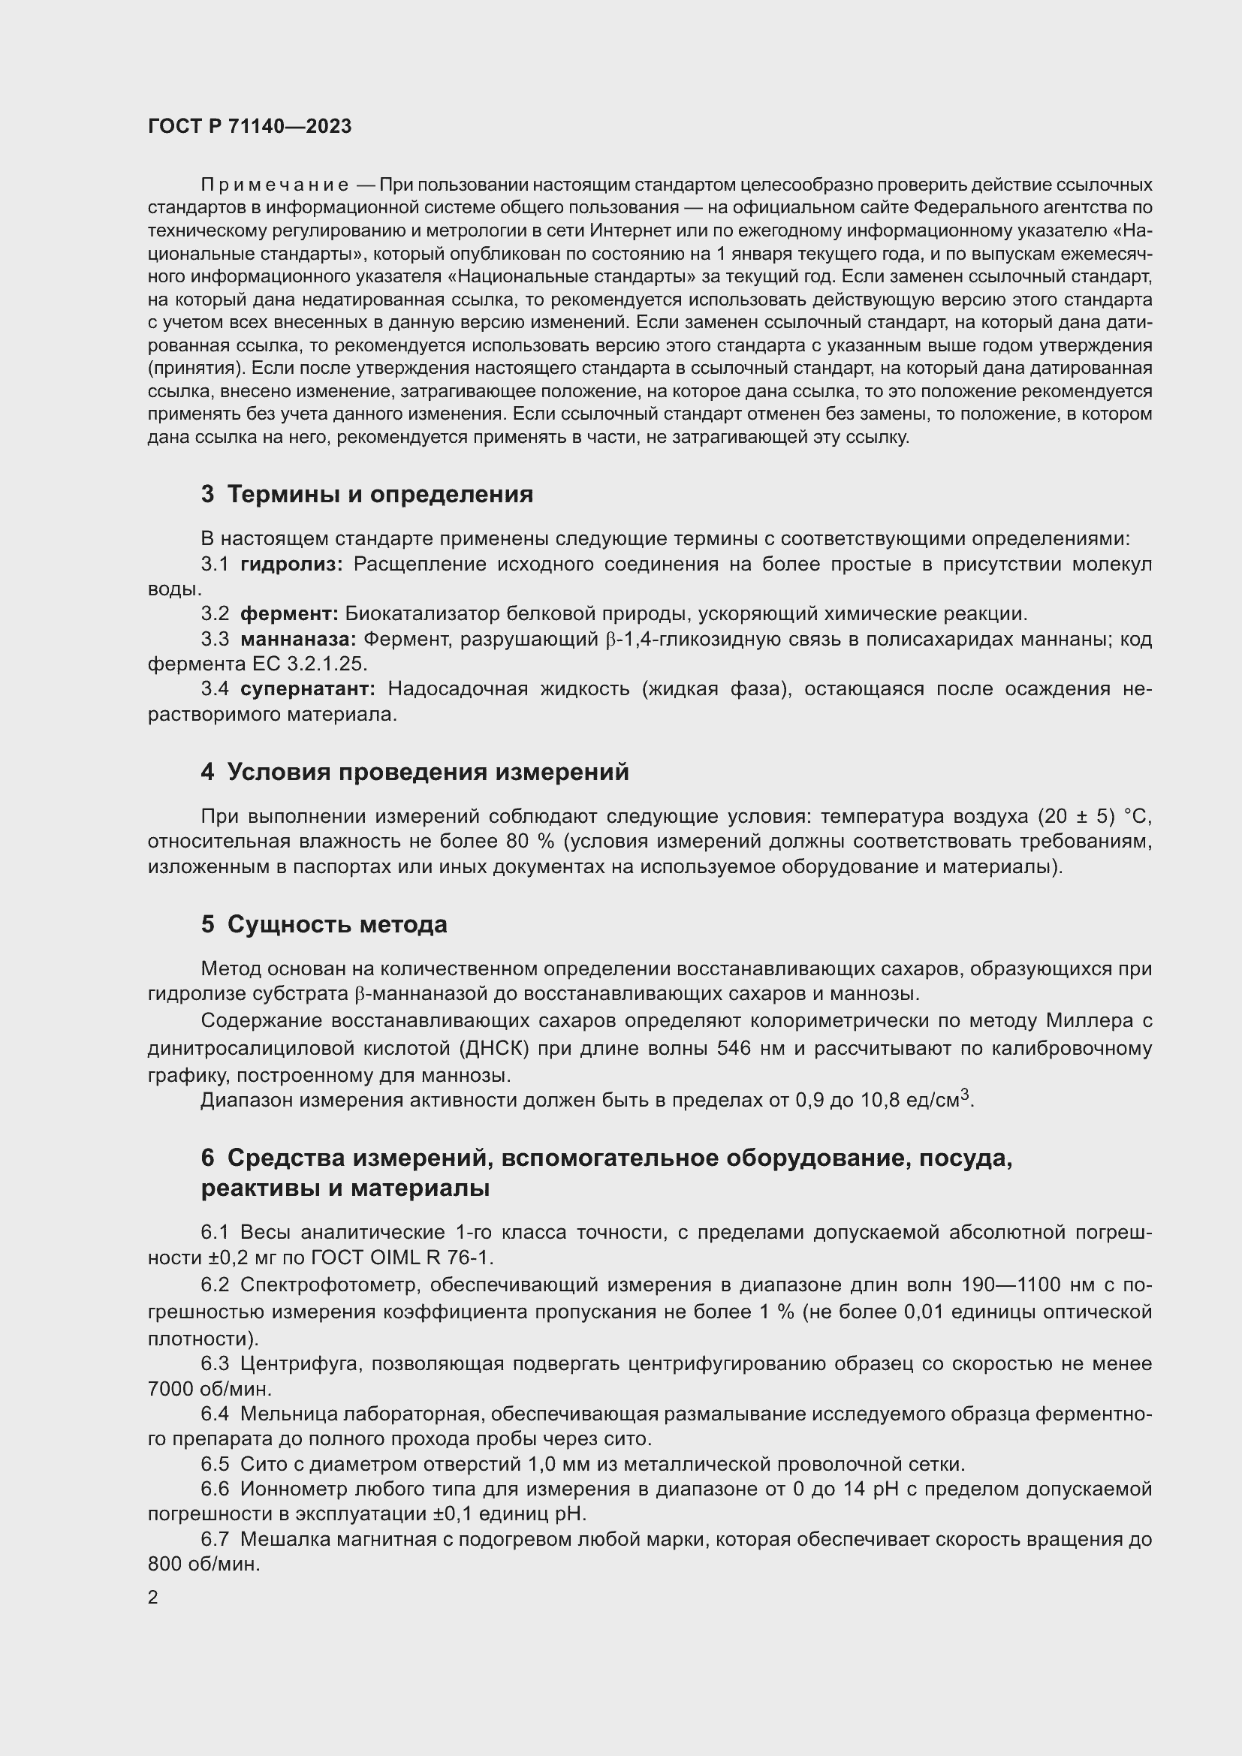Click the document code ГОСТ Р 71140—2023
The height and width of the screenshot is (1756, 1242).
pos(249,127)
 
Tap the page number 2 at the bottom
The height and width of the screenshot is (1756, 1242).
pos(153,1598)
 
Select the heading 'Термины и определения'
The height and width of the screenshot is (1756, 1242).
pos(380,494)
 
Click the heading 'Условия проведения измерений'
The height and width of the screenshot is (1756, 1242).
pos(428,773)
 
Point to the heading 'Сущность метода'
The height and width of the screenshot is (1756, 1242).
pos(337,925)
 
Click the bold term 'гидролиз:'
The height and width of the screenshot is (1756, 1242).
pos(291,565)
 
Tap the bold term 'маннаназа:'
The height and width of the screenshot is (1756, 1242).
pos(298,639)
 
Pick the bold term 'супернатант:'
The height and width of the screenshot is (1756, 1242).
pos(307,689)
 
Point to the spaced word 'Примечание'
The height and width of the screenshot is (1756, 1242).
pos(275,185)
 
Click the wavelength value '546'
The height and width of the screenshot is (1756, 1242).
pos(734,1048)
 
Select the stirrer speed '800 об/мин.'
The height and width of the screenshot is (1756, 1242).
pos(204,1565)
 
